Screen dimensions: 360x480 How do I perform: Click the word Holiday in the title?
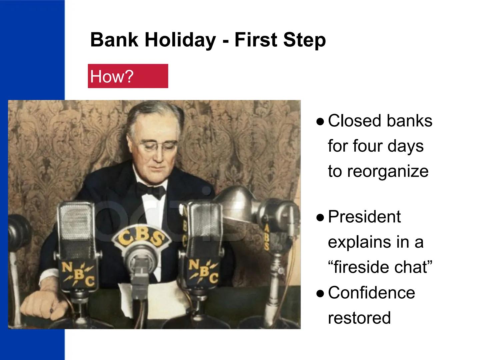(180, 40)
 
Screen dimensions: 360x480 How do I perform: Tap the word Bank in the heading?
(114, 40)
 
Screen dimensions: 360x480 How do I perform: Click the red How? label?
(128, 76)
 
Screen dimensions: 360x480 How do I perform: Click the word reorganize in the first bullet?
(378, 171)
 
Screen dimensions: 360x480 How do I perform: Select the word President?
(364, 217)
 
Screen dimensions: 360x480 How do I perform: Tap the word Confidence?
(371, 293)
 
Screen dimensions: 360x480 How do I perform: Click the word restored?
(359, 318)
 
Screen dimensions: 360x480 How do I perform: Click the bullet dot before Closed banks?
(320, 122)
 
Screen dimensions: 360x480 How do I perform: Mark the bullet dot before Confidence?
(320, 294)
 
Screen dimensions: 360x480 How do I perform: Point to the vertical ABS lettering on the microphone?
(266, 237)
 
